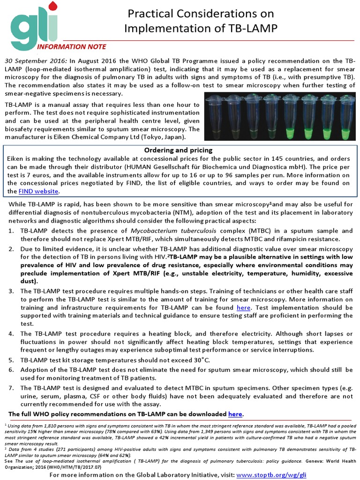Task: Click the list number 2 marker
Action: click(11, 248)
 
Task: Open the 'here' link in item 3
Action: click(244, 307)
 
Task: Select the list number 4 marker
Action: click(11, 334)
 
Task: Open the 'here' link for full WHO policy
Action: click(235, 414)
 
